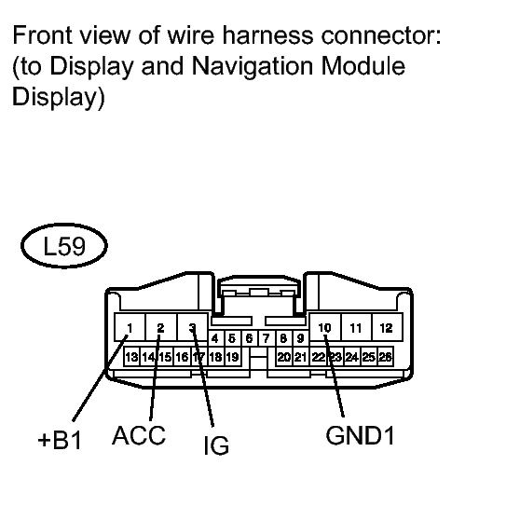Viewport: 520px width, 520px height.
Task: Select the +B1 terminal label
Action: tap(60, 441)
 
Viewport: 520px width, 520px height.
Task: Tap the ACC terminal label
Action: tap(139, 435)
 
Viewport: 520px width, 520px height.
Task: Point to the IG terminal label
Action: tap(216, 445)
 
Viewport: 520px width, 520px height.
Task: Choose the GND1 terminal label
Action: tap(360, 435)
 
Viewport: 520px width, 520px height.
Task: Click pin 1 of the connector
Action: tap(130, 327)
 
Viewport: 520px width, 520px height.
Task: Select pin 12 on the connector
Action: tap(387, 327)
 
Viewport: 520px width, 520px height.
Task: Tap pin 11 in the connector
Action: tap(356, 327)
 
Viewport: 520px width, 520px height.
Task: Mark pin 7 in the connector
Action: tap(266, 338)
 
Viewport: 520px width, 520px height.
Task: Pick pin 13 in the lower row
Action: tap(131, 357)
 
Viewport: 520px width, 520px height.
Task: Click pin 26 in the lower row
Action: tap(386, 357)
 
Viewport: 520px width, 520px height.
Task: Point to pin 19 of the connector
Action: tap(232, 357)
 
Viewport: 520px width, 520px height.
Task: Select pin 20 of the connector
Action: tap(284, 357)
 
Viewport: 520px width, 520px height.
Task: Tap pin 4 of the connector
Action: tap(215, 338)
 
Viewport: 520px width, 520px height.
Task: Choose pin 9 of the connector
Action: tap(300, 338)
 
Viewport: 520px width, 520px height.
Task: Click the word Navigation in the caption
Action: tap(253, 65)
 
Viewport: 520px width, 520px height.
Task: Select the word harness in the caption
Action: tap(267, 34)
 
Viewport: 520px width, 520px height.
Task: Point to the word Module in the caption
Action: tap(363, 65)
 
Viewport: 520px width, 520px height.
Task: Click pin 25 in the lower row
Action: tap(368, 357)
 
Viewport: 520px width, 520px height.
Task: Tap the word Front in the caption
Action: tap(42, 34)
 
